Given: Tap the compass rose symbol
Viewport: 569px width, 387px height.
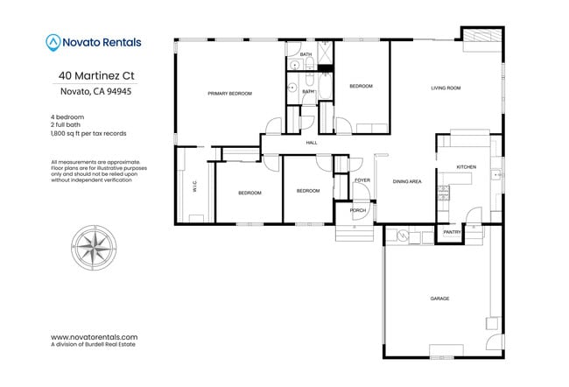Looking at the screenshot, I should [95, 243].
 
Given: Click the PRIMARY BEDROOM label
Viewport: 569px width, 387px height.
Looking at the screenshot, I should [229, 93].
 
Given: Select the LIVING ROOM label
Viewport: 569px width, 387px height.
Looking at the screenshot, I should [445, 88].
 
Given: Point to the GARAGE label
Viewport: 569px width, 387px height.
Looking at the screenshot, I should [439, 299].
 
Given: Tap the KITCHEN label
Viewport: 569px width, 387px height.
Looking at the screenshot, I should [466, 166].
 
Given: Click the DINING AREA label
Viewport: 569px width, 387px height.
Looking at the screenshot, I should [407, 181].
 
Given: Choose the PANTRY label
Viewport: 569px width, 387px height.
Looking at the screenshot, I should [452, 232].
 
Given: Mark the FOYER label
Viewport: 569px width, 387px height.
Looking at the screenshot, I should [362, 181].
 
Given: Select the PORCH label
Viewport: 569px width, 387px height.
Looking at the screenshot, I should [357, 210].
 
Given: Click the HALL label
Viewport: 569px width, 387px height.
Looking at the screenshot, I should [311, 143].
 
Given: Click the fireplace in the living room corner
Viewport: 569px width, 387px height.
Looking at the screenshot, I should [481, 36].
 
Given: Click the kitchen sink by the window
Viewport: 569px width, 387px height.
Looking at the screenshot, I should [495, 172].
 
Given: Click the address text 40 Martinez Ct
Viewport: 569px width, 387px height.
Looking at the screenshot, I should [96, 75].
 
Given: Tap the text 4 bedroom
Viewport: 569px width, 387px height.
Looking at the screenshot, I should [67, 116].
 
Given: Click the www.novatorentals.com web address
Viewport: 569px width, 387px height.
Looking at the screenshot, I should [95, 336].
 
